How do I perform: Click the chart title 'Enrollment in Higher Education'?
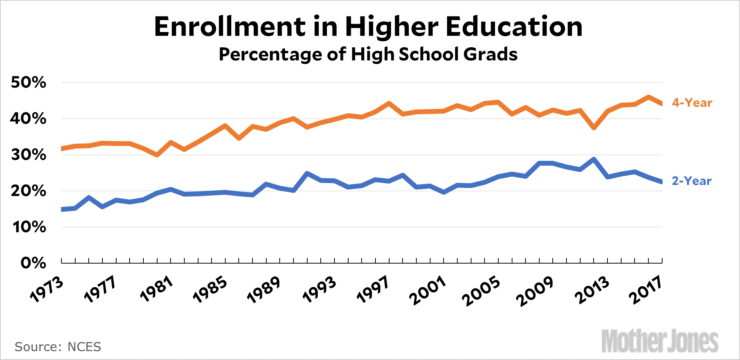point(368,27)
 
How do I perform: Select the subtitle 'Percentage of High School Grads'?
point(368,54)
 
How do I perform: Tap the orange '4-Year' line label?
point(692,103)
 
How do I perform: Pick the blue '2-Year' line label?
point(691,181)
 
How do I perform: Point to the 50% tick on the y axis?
point(29,82)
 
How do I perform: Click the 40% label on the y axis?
point(29,119)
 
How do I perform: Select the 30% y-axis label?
point(29,155)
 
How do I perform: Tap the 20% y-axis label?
point(29,191)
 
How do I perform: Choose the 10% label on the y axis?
point(29,227)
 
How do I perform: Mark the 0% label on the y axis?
point(33,263)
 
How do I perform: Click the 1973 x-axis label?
point(47,289)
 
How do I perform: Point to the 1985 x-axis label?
point(210,289)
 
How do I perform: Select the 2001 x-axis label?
point(428,290)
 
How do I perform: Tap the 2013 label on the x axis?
point(592,290)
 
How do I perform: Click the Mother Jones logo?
point(660,341)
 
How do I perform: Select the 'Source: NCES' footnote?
point(58,347)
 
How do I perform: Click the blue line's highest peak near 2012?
point(594,159)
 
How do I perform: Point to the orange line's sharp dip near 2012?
point(594,128)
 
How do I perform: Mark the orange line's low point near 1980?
point(157,155)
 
